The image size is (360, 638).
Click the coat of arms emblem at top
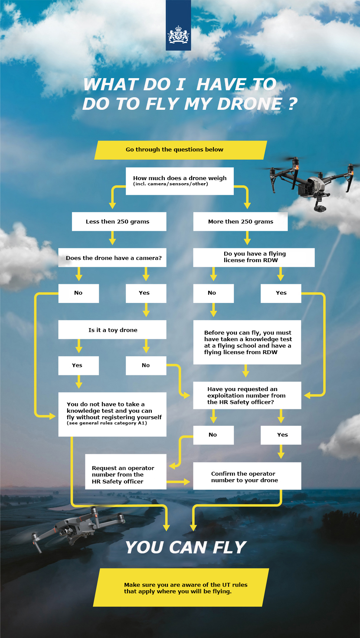coord(178,35)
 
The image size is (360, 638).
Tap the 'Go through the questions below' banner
coord(180,150)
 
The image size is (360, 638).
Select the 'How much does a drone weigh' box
coord(180,181)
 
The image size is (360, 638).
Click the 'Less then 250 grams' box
coord(119,221)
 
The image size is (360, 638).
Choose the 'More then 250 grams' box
coord(240,221)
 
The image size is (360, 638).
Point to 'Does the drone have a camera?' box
coord(112,257)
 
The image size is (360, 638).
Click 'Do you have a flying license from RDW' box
coord(254,257)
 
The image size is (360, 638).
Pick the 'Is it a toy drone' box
coord(112,329)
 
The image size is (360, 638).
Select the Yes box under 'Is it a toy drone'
coord(79,365)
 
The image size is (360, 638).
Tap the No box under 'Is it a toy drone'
coord(146,365)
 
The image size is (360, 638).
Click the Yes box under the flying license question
coord(281,293)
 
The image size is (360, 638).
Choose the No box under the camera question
coord(79,293)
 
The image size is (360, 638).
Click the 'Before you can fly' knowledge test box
coord(247,342)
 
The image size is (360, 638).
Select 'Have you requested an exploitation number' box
coord(247,395)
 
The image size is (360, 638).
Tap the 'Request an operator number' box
coord(125,472)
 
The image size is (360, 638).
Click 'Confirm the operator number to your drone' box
coord(247,476)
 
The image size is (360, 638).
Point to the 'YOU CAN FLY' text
coord(186,547)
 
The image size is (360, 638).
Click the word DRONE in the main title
coord(250,104)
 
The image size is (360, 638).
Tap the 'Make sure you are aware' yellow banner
coord(181,587)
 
